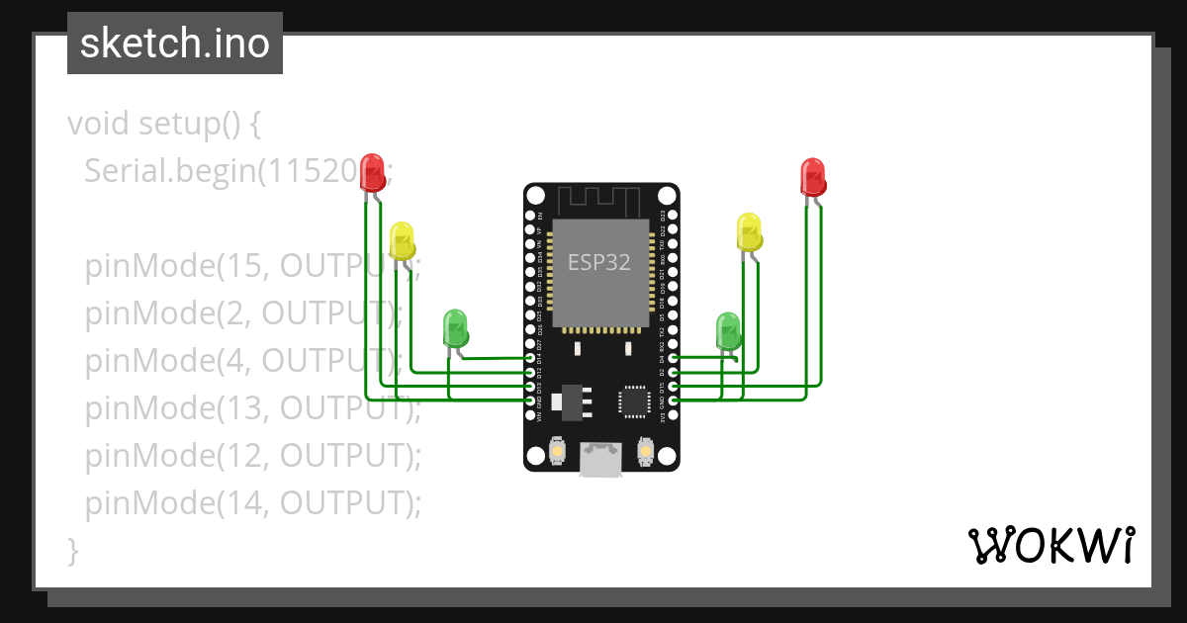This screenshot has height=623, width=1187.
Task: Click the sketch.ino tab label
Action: pos(174,44)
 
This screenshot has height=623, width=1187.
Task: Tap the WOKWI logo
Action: pos(1050,545)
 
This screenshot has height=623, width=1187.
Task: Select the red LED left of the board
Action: pos(372,173)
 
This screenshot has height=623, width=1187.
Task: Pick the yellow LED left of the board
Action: pos(402,241)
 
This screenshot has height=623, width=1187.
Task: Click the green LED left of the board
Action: pos(455,328)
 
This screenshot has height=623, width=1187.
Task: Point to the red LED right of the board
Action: pos(812,177)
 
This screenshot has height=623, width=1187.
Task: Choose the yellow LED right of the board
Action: pos(750,232)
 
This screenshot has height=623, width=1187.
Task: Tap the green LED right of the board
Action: pos(728,331)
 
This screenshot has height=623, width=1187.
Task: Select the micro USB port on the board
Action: pos(600,459)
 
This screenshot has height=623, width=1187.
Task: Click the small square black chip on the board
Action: pos(633,400)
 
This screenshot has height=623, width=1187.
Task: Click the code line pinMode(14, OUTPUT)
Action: pos(252,503)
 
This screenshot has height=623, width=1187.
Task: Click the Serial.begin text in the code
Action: pos(168,172)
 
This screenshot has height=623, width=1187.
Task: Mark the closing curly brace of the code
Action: pos(72,550)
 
